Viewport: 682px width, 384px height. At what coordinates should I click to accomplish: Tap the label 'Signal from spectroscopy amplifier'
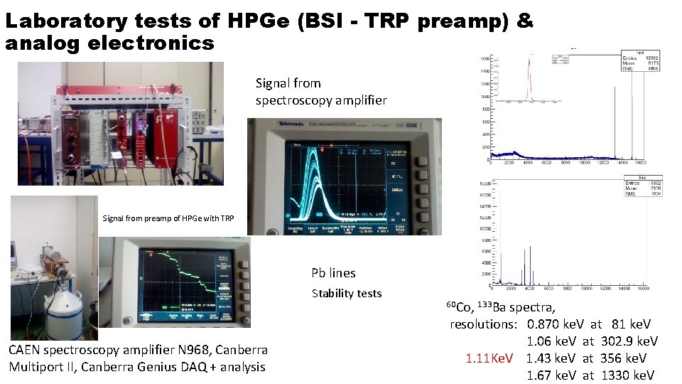click(x=321, y=92)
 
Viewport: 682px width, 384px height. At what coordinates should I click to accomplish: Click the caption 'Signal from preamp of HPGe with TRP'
click(x=168, y=218)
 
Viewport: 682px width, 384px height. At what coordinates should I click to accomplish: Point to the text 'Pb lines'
click(x=333, y=273)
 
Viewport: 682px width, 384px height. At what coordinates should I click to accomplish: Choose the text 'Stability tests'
click(x=347, y=294)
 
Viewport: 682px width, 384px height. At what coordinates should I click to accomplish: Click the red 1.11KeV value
click(x=489, y=358)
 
